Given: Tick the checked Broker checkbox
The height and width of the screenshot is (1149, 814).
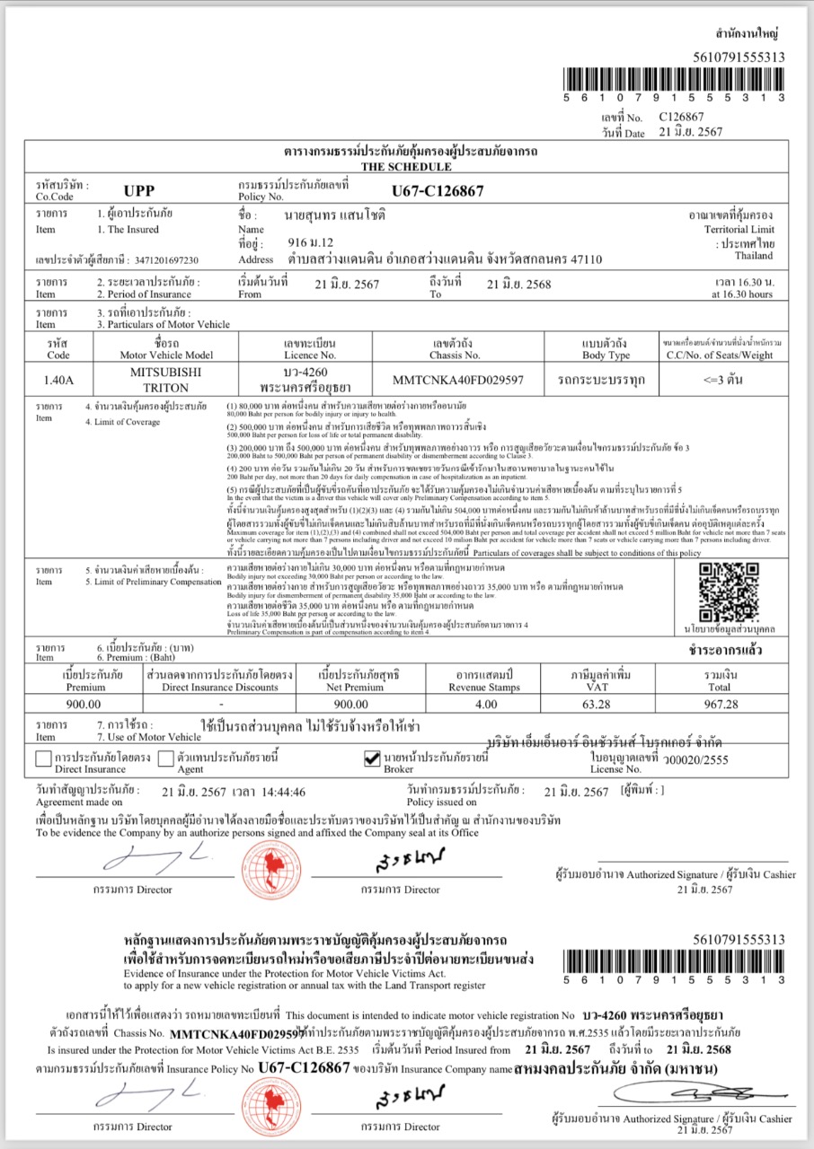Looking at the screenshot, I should pos(371,759).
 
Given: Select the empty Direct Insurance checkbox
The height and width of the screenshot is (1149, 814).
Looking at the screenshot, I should pos(43,759).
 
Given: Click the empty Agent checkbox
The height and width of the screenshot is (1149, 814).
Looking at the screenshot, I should pos(165,759).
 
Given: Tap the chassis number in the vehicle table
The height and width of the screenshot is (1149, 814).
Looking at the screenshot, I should pos(465,379).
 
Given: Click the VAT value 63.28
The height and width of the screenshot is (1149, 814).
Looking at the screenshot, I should pos(597,704).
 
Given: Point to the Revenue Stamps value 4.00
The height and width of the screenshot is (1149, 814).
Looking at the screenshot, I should pos(484,704).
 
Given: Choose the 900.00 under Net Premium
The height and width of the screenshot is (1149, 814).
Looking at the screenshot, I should pos(345,704).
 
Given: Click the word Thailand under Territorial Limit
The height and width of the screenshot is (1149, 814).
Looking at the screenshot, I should pos(753,256).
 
